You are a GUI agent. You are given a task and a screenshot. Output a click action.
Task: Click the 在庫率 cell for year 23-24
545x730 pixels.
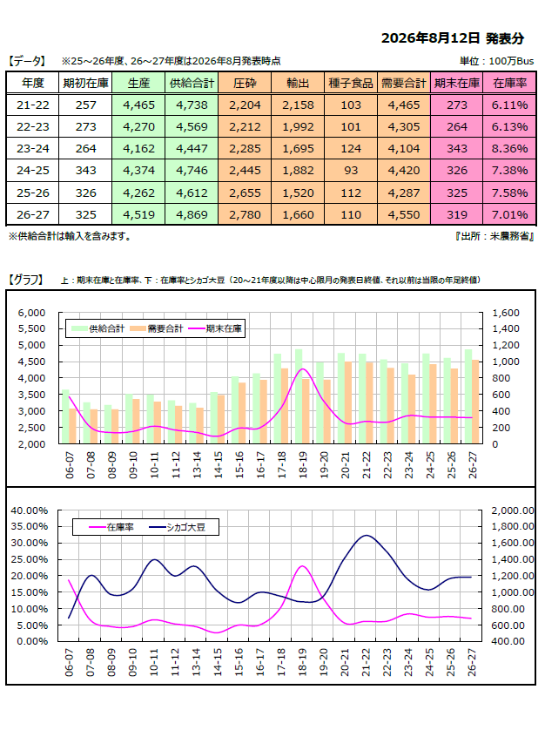[x=509, y=148]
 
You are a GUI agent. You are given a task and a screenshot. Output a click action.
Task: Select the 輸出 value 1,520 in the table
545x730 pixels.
[x=298, y=193]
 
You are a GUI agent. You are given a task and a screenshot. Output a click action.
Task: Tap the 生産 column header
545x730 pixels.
[x=138, y=83]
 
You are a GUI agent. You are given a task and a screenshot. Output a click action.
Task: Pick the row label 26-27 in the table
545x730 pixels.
[x=32, y=214]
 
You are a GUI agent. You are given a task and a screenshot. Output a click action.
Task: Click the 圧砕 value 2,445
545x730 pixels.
[x=245, y=171]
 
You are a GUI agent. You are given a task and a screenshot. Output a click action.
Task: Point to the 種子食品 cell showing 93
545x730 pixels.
[x=351, y=171]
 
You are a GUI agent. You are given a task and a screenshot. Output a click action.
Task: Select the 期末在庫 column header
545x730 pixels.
[x=457, y=83]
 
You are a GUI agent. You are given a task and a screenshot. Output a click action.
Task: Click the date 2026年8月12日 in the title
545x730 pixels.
[x=430, y=38]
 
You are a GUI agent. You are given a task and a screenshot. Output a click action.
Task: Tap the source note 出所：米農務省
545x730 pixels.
[x=495, y=236]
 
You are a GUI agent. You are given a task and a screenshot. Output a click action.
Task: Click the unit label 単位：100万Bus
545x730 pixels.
[x=496, y=61]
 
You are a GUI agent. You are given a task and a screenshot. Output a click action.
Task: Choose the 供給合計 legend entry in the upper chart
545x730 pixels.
[x=98, y=328]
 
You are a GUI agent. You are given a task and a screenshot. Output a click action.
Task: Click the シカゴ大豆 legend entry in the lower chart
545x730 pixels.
[x=178, y=528]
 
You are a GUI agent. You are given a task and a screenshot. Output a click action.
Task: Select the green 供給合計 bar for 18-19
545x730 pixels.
[x=299, y=396]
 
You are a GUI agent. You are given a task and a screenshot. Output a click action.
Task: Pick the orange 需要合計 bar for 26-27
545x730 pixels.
[x=475, y=402]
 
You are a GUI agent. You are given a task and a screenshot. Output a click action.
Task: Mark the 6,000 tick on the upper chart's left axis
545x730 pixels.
[x=31, y=313]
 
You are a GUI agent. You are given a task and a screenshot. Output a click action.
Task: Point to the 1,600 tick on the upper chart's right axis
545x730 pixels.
[x=506, y=313]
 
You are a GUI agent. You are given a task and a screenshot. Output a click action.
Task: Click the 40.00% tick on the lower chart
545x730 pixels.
[x=30, y=510]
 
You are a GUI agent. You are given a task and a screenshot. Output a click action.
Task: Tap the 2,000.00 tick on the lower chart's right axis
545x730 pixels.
[x=513, y=510]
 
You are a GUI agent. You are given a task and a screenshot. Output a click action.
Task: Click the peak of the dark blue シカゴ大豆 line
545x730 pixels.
[x=367, y=536]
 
